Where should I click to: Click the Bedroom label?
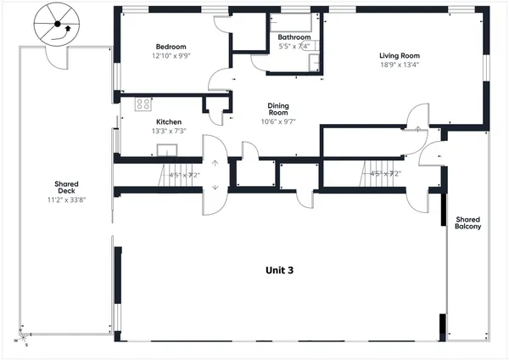coord(171,47)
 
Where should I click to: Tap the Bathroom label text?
coord(294,37)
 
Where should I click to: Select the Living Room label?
coord(399,56)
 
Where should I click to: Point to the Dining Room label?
coord(279,108)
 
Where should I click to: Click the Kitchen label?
coord(168,122)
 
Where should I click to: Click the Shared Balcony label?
coord(467,222)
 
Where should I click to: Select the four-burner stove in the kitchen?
coord(143,105)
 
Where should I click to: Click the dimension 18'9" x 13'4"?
coord(399,65)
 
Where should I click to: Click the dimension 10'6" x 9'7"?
coord(279,121)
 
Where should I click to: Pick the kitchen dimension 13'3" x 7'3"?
coord(168,131)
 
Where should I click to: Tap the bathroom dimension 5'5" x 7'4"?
coord(294,46)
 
